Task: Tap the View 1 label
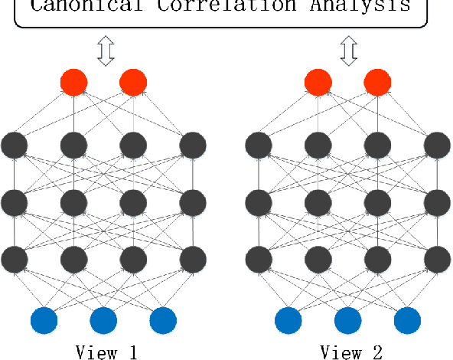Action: (106, 352)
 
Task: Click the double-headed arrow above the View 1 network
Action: (105, 51)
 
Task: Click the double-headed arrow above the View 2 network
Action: (349, 51)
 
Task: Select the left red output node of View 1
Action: (74, 82)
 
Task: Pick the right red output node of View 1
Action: (133, 82)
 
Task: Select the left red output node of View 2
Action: (318, 82)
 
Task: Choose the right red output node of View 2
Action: (377, 82)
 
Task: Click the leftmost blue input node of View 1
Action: (44, 320)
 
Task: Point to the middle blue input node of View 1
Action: (104, 320)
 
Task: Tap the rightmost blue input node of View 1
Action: (163, 320)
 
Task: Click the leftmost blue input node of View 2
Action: (288, 320)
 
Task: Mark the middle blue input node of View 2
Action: (348, 320)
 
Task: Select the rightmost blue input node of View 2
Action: (407, 320)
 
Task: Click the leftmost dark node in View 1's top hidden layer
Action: (15, 143)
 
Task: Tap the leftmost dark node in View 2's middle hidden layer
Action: (259, 202)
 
